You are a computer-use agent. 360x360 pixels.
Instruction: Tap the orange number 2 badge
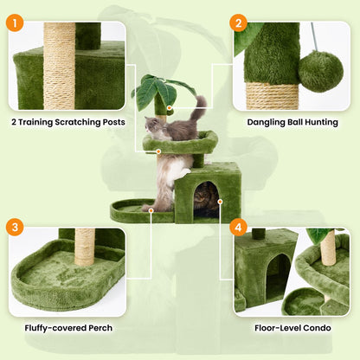[239, 23]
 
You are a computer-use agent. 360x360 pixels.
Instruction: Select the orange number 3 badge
[14, 228]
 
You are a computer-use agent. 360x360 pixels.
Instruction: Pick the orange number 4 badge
[239, 228]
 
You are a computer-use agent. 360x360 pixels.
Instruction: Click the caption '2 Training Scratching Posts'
[67, 122]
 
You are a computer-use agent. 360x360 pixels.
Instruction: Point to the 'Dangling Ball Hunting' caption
[292, 122]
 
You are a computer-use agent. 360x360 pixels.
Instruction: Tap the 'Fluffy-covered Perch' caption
[67, 328]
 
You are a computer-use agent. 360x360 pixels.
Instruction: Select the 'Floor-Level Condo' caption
[292, 328]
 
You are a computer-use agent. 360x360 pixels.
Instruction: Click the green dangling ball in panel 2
[321, 71]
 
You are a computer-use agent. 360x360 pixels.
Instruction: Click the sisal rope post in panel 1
[60, 65]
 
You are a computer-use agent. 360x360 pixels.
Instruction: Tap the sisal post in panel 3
[84, 247]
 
